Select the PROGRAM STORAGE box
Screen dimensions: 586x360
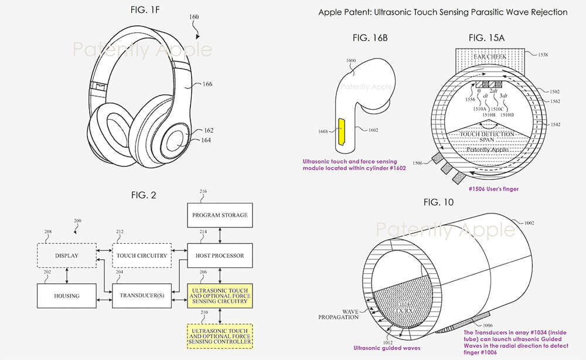(220, 215)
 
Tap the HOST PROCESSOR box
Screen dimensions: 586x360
(220, 256)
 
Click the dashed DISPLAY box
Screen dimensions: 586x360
(66, 256)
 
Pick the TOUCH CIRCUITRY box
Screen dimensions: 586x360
(142, 256)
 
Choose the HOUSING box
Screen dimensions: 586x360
(66, 296)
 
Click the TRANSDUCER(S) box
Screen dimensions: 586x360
(142, 296)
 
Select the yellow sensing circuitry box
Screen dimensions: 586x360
(220, 296)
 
